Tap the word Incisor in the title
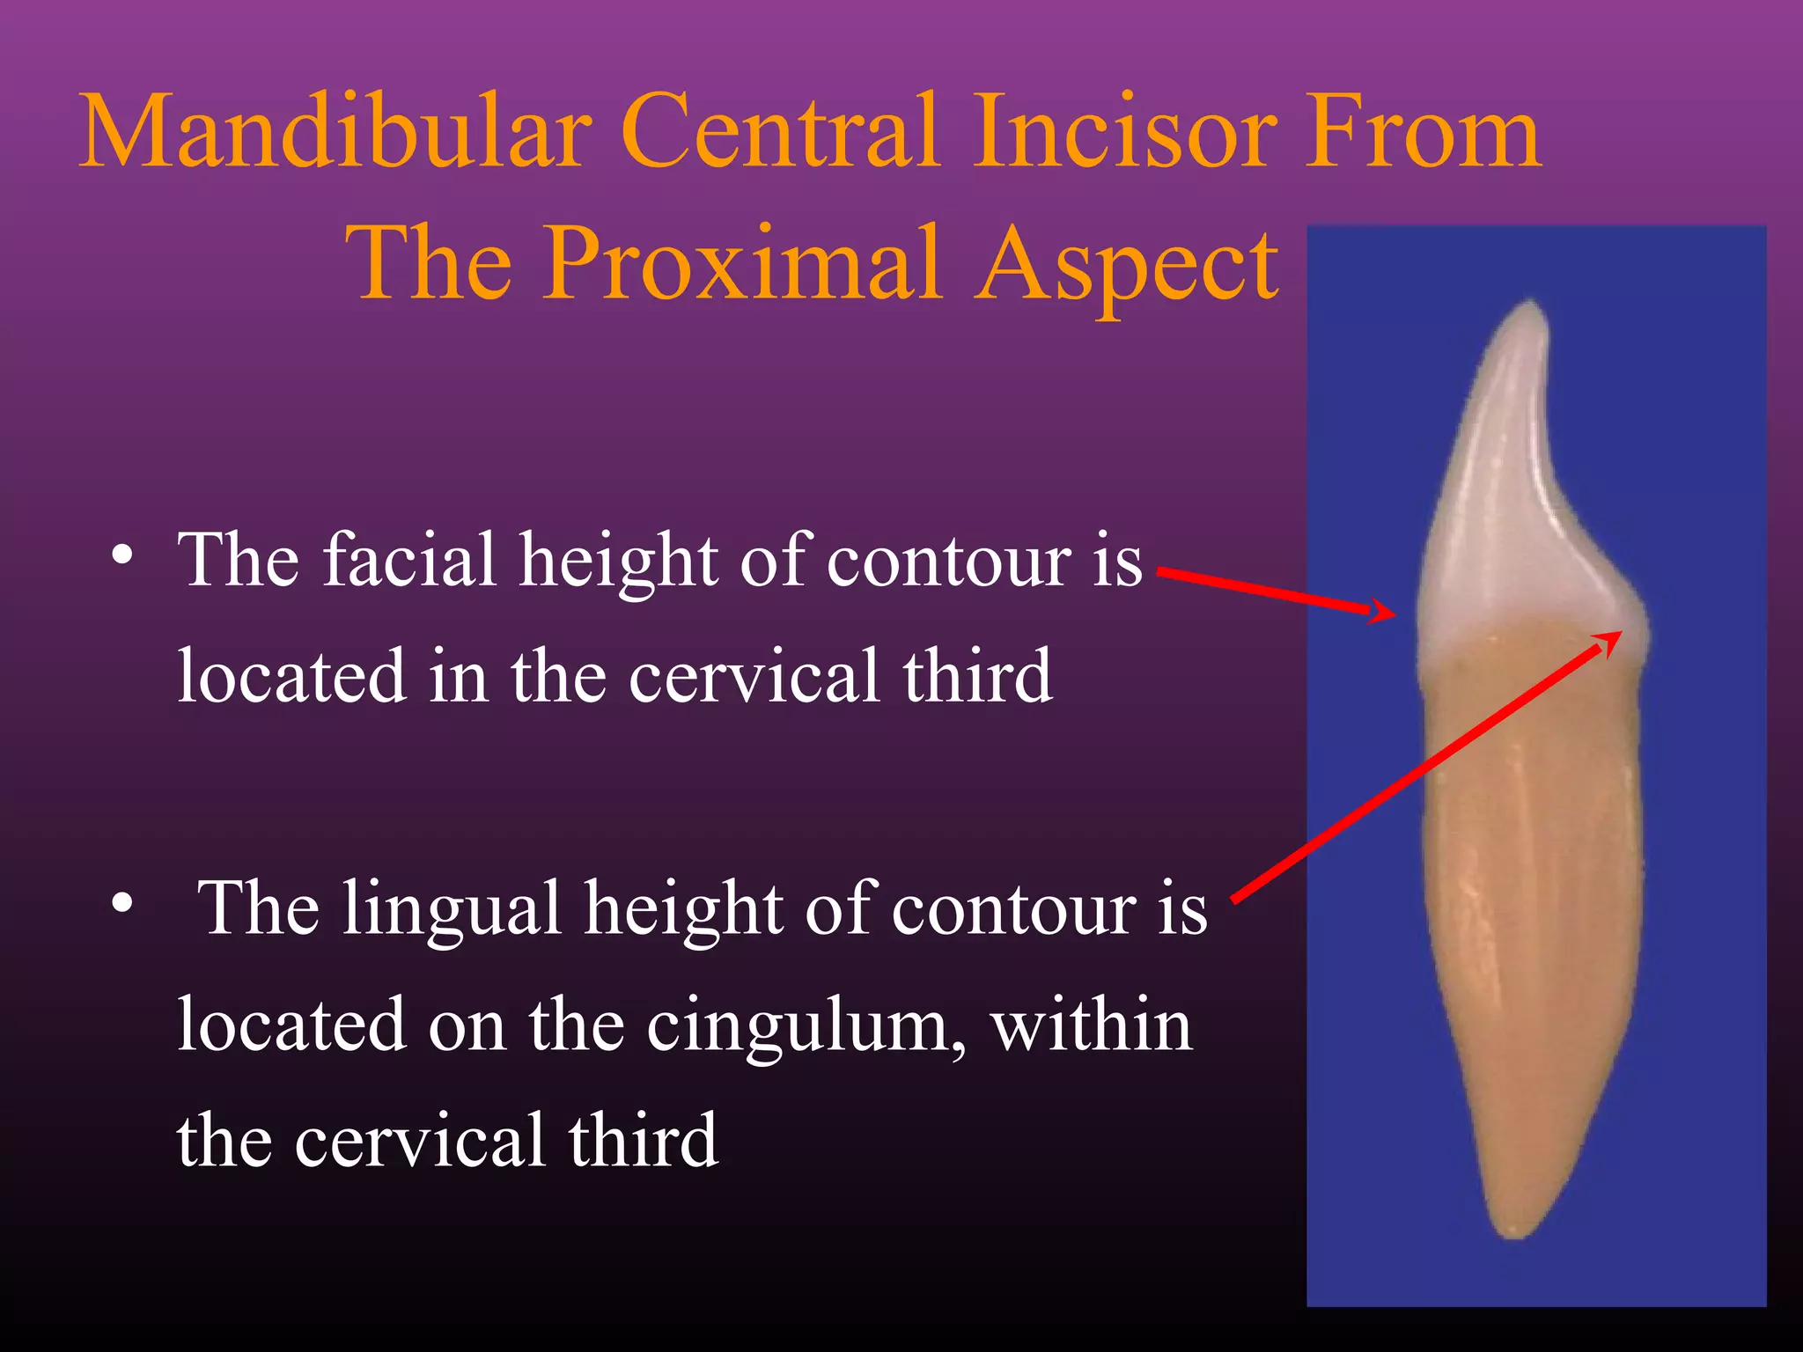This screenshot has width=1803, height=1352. pos(1122,132)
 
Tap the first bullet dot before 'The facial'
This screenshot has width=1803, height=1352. pos(122,556)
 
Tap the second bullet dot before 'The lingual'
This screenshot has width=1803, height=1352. pos(122,903)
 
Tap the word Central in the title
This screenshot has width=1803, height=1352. pos(779,132)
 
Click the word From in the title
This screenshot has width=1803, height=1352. pos(1422,132)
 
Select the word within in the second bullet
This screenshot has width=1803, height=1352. pos(1092,1026)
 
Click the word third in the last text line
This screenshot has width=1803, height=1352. pos(643,1141)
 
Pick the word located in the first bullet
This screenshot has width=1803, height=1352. pos(291,677)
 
